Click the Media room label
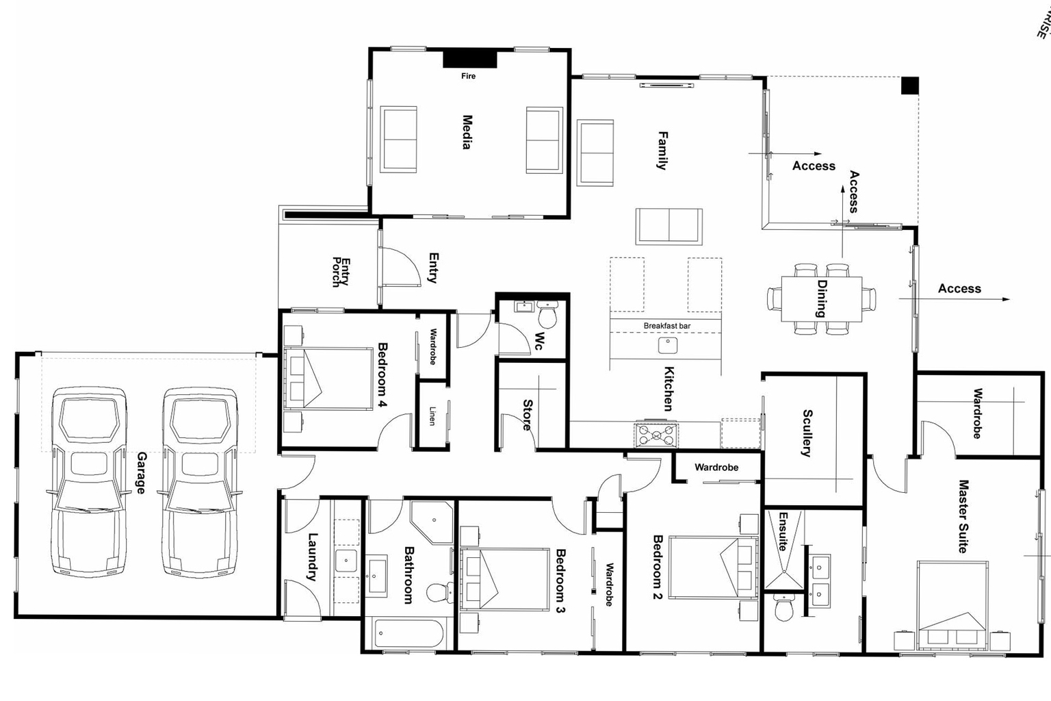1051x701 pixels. [467, 132]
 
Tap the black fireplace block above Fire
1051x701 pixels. [469, 59]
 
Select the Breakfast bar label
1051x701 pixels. [666, 326]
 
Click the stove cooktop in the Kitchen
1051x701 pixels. [657, 433]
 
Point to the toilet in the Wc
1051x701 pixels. [548, 316]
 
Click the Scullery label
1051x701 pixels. [807, 433]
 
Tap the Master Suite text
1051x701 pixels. [963, 516]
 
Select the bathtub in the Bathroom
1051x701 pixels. [408, 634]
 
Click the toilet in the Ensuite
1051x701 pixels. [784, 607]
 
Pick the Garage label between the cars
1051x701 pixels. [142, 472]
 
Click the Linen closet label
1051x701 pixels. [432, 416]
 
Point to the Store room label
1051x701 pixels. [528, 415]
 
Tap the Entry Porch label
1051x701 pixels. [341, 272]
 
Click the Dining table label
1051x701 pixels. [822, 298]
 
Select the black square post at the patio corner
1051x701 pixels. [909, 86]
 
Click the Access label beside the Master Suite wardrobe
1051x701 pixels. [959, 289]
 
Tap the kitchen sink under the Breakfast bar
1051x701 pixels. [668, 345]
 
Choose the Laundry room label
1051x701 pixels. [313, 557]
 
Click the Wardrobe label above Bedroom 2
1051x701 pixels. [716, 468]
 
